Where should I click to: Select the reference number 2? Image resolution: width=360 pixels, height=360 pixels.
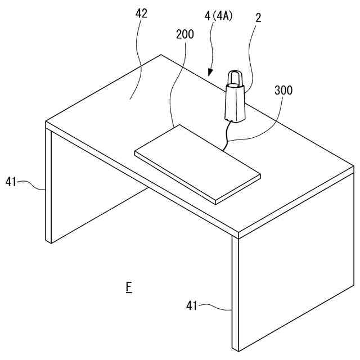point(258,18)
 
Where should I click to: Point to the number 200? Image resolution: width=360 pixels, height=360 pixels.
point(184,34)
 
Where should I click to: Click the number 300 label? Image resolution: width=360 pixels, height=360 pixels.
point(283,90)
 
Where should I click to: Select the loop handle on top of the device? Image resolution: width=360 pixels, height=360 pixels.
point(235,78)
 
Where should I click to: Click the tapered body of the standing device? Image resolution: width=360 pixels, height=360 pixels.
point(235,102)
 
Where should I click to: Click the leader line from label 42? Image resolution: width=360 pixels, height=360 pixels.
point(137,62)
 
